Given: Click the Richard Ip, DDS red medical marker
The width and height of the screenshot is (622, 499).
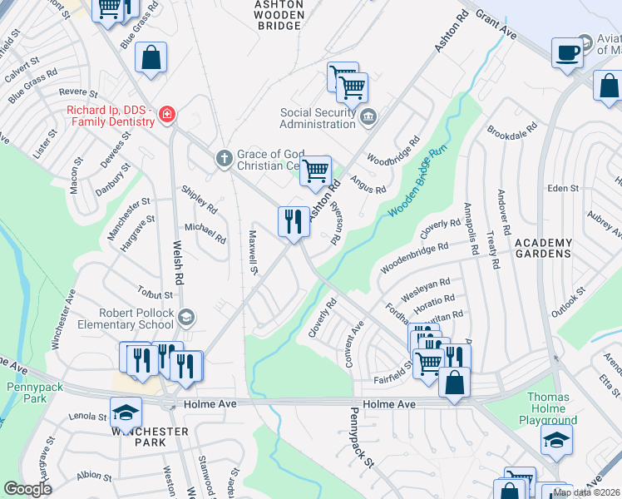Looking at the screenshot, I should click(x=167, y=114).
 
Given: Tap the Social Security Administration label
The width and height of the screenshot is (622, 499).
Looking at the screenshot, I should click(x=317, y=119).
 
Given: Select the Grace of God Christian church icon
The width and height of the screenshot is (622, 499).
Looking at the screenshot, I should click(x=223, y=158).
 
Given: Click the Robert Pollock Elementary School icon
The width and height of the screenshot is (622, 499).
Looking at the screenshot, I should click(x=187, y=316).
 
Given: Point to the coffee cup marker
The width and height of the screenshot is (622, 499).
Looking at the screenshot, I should click(x=568, y=52).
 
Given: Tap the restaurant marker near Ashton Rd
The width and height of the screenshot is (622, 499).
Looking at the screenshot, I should click(x=292, y=221).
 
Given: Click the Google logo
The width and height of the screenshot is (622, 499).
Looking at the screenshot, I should click(x=27, y=489).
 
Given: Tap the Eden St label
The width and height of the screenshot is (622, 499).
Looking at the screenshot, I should click(x=564, y=189).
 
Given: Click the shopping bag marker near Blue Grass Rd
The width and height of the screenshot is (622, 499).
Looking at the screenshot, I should click(x=151, y=58).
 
